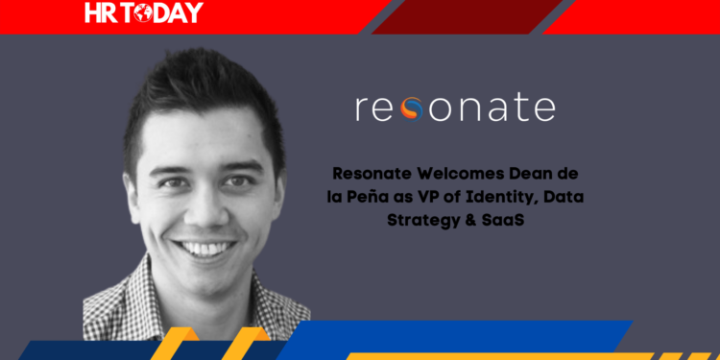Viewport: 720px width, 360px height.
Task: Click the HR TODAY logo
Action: [x=144, y=12]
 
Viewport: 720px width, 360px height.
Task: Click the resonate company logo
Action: [x=454, y=108]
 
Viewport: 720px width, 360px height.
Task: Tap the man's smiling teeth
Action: [x=204, y=249]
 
